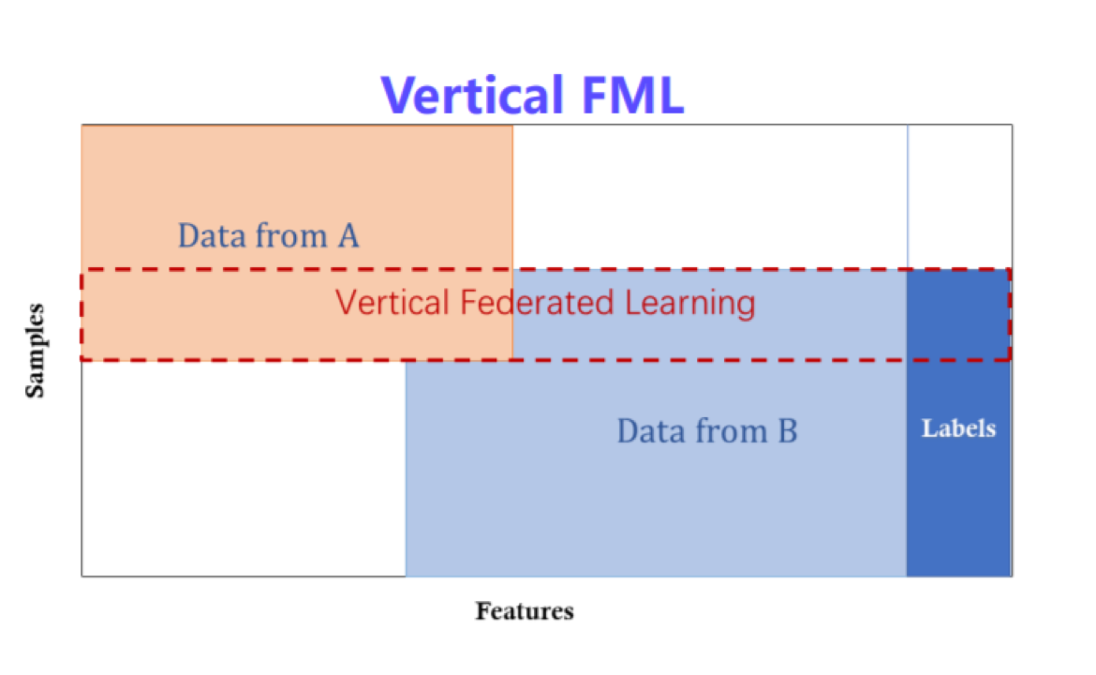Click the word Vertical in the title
coord(472,95)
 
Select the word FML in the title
coord(632,95)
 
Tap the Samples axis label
coord(35,351)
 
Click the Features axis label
coord(525,610)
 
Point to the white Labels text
coord(958,428)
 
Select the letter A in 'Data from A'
coord(348,235)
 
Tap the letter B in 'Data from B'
coord(788,431)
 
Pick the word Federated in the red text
coord(537,302)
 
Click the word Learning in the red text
coord(689,304)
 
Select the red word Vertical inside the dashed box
coord(392,302)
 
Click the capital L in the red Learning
coord(633,302)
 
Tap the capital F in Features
coord(483,610)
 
